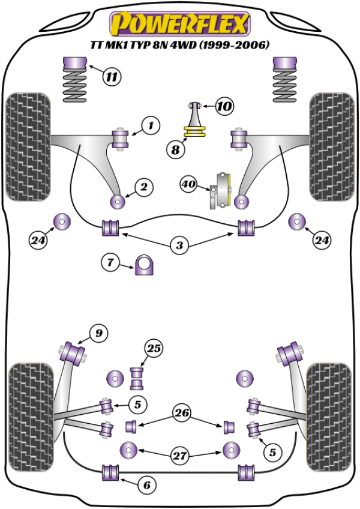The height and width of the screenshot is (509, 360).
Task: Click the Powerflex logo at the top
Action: tap(179, 25)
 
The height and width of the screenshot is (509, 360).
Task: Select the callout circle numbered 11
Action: tap(112, 76)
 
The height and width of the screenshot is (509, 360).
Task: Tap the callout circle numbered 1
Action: tap(151, 125)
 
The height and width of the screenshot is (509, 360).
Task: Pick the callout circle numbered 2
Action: tap(143, 188)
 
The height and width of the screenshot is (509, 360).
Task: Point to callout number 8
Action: tap(175, 150)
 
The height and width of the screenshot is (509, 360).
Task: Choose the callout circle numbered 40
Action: tap(190, 185)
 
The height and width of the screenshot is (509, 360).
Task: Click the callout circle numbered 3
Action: tap(179, 245)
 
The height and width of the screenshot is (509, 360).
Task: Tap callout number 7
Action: tap(110, 262)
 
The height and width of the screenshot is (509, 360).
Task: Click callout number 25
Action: tap(154, 348)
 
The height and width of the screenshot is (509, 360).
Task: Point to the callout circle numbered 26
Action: tap(181, 412)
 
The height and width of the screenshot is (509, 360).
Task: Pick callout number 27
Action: tap(179, 456)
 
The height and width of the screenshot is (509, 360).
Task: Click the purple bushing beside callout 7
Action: tap(145, 265)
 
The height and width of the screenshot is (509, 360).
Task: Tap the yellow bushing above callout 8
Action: tap(196, 131)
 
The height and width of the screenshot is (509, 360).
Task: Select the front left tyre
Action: tap(27, 145)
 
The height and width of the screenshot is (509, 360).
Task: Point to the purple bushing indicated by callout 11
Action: tap(75, 62)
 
